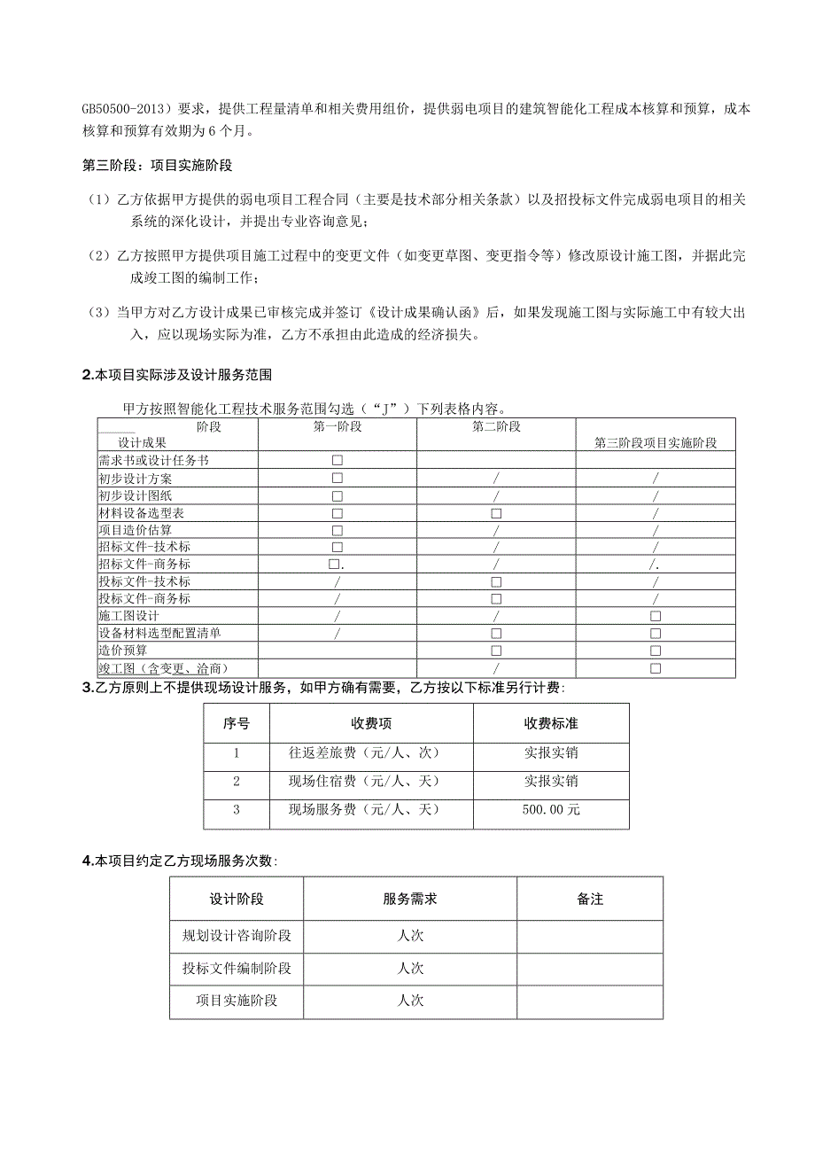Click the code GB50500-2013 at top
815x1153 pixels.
click(124, 109)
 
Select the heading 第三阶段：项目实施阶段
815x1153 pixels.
click(157, 166)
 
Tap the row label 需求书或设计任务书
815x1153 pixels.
click(154, 461)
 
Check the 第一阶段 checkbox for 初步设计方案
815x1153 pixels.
click(337, 479)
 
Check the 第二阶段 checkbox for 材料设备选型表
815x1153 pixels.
click(496, 513)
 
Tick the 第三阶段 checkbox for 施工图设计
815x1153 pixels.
click(656, 616)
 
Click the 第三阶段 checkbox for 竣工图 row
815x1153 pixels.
click(656, 668)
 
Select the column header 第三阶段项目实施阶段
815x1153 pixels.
click(656, 442)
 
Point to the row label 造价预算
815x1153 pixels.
click(123, 651)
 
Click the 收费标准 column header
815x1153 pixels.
click(551, 723)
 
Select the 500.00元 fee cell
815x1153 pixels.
click(551, 809)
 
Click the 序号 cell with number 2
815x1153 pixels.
click(237, 781)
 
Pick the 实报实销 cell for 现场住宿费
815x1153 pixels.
click(551, 781)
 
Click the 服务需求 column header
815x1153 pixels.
click(410, 899)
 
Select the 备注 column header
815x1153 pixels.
click(590, 899)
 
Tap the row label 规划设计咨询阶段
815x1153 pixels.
click(237, 935)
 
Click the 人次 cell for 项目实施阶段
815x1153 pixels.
click(410, 1001)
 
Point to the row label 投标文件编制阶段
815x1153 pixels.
click(237, 968)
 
